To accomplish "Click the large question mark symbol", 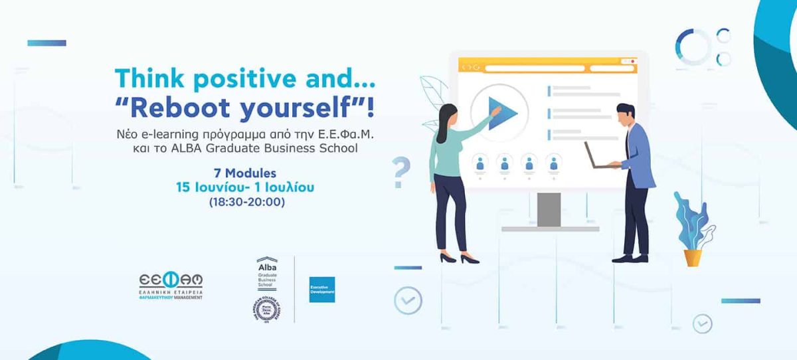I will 401,172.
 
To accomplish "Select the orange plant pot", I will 693,257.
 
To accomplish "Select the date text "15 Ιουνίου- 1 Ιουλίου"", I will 244,187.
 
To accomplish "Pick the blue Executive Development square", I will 321,289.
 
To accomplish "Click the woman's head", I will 446,113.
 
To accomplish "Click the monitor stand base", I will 550,228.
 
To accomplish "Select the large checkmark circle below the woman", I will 407,300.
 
